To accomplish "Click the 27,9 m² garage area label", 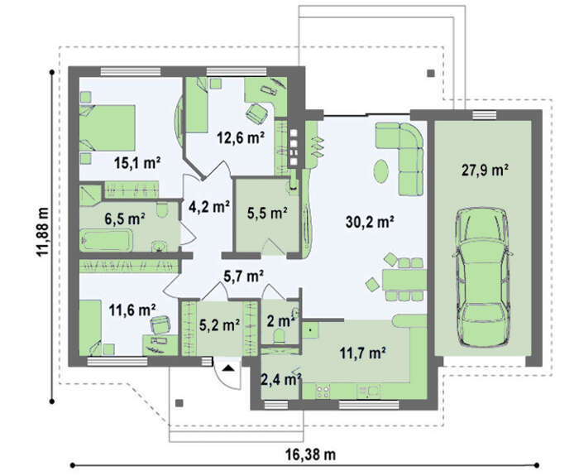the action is click(x=485, y=171).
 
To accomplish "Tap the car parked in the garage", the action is click(x=482, y=276).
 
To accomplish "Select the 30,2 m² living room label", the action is click(x=370, y=222).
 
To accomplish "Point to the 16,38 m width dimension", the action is click(x=310, y=454).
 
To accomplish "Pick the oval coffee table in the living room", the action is click(x=381, y=171).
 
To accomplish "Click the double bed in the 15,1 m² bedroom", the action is click(x=107, y=127).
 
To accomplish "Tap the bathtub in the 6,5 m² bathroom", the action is click(x=107, y=240).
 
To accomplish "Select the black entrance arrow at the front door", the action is click(x=227, y=368).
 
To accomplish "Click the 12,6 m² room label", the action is click(x=241, y=138).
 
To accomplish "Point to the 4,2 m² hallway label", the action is click(x=209, y=207).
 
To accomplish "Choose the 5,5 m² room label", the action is click(x=267, y=214).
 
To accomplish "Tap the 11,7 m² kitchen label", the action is click(x=362, y=353).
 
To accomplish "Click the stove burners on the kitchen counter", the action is click(x=323, y=392).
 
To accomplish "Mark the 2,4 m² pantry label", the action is click(x=281, y=379).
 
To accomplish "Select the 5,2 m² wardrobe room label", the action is click(x=219, y=325).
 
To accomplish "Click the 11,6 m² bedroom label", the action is click(x=132, y=310).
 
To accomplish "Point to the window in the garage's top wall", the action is click(x=485, y=115).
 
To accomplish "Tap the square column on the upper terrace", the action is click(x=431, y=73).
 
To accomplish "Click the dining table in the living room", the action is click(x=404, y=280).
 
